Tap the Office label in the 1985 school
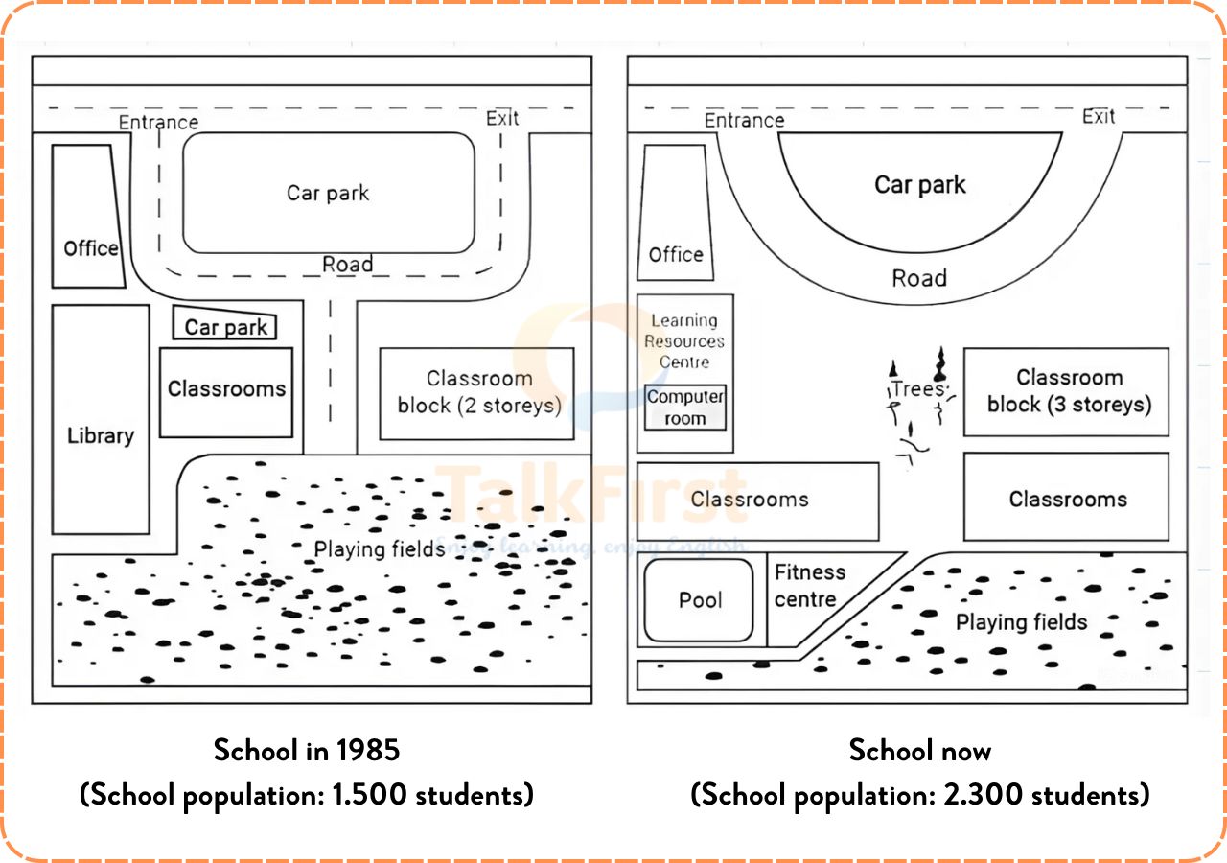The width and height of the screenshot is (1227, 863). [91, 248]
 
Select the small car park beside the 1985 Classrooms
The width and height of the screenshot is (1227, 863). [226, 326]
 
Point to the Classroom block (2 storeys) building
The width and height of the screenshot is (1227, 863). [477, 393]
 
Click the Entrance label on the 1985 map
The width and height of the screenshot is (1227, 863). [158, 122]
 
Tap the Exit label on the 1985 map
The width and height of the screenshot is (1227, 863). [502, 118]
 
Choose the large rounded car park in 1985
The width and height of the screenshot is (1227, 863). [328, 193]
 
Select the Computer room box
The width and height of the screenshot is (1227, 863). [685, 408]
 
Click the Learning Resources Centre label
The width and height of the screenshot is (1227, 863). [684, 341]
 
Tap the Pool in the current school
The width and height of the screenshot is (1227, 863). [699, 600]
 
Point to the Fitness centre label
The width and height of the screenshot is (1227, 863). [809, 586]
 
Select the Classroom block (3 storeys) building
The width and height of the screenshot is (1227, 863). [1067, 391]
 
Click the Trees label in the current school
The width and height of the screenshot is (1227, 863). [917, 389]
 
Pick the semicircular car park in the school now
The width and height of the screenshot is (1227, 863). [920, 185]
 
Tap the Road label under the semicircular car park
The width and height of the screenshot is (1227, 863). [919, 278]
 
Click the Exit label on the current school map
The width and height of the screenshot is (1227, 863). [1099, 116]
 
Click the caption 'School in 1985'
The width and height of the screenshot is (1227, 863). [307, 750]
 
